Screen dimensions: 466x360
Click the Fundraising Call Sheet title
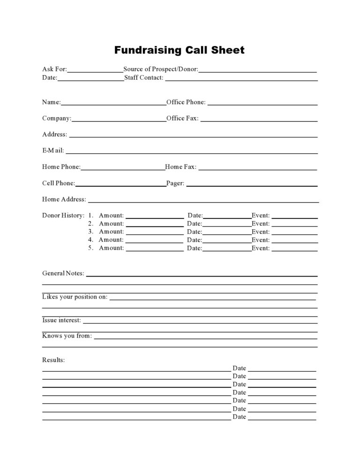tap(180, 50)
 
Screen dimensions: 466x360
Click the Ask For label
tap(54, 69)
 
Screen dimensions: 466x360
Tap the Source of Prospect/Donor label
tap(160, 69)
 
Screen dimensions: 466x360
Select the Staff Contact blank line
tap(241, 80)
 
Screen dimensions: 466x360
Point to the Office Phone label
tap(186, 102)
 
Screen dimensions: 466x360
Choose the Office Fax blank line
tap(259, 120)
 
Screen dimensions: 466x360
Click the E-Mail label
tap(53, 151)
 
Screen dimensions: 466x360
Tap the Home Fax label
tap(180, 167)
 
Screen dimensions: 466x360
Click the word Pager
tap(175, 184)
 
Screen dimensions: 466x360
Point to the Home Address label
tap(64, 199)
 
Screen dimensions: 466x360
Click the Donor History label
tap(63, 216)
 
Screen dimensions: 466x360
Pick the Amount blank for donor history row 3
tap(155, 233)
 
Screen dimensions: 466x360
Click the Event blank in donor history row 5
tap(294, 250)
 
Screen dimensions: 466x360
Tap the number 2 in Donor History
tap(90, 224)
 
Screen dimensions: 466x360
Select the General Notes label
tap(63, 273)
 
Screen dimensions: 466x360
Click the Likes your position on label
tap(75, 297)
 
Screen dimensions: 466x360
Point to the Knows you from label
tap(67, 336)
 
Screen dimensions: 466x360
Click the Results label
tap(53, 360)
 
